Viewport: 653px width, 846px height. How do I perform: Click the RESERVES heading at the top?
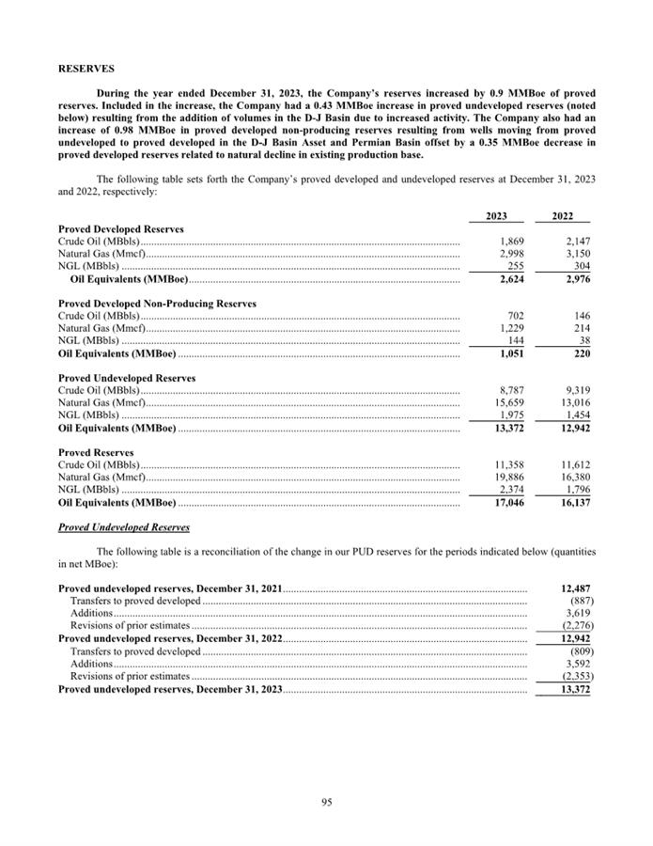click(x=86, y=69)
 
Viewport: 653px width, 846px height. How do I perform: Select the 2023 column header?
click(x=496, y=216)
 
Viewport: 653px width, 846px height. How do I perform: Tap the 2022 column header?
click(x=562, y=216)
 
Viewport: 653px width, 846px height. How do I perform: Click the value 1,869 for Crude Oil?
click(x=509, y=242)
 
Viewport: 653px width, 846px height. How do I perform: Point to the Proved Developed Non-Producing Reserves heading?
click(x=157, y=304)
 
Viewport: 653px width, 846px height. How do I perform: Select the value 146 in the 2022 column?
click(x=580, y=316)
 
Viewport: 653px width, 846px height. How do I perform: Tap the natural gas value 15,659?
click(x=506, y=403)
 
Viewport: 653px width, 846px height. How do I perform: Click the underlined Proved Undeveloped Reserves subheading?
click(x=124, y=527)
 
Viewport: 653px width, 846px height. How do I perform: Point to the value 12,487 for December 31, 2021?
click(x=574, y=588)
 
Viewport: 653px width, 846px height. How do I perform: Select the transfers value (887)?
click(x=580, y=601)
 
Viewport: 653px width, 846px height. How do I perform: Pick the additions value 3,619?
click(x=577, y=613)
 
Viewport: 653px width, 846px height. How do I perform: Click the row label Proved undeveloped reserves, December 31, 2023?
click(x=170, y=689)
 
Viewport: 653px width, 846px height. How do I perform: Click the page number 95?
click(x=326, y=802)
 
